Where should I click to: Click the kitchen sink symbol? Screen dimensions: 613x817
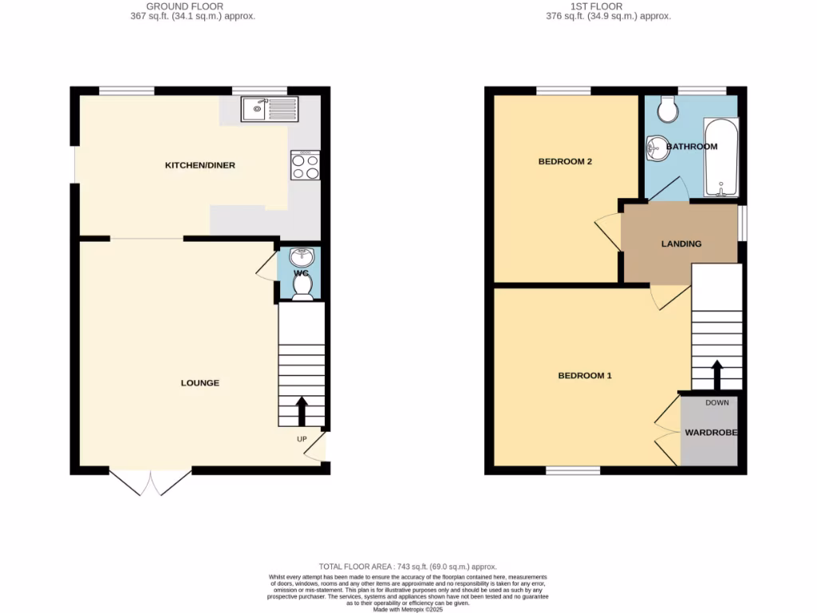coord(269,109)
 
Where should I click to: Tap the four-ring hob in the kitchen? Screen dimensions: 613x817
coord(306,165)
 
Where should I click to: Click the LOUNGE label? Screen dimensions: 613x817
coord(199,383)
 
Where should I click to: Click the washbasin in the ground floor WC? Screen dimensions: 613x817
coord(302,258)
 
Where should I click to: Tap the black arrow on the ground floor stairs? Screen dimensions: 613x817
coord(302,411)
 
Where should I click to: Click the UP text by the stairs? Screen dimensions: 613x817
coord(302,440)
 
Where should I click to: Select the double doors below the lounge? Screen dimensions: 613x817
coord(150,481)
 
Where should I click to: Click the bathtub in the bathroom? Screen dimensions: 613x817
coord(721,156)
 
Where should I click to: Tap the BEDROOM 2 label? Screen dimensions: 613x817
coord(565,161)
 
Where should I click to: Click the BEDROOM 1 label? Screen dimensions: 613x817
coord(585,375)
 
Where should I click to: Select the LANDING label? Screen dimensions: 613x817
coord(681,243)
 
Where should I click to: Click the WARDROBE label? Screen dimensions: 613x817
coord(711,433)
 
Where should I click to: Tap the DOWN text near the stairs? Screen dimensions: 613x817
coord(717,402)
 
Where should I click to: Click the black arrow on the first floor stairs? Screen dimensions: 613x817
coord(716,374)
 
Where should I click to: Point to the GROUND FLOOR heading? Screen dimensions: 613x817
coord(193,6)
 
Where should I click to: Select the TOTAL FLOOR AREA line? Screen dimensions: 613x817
coord(408,566)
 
